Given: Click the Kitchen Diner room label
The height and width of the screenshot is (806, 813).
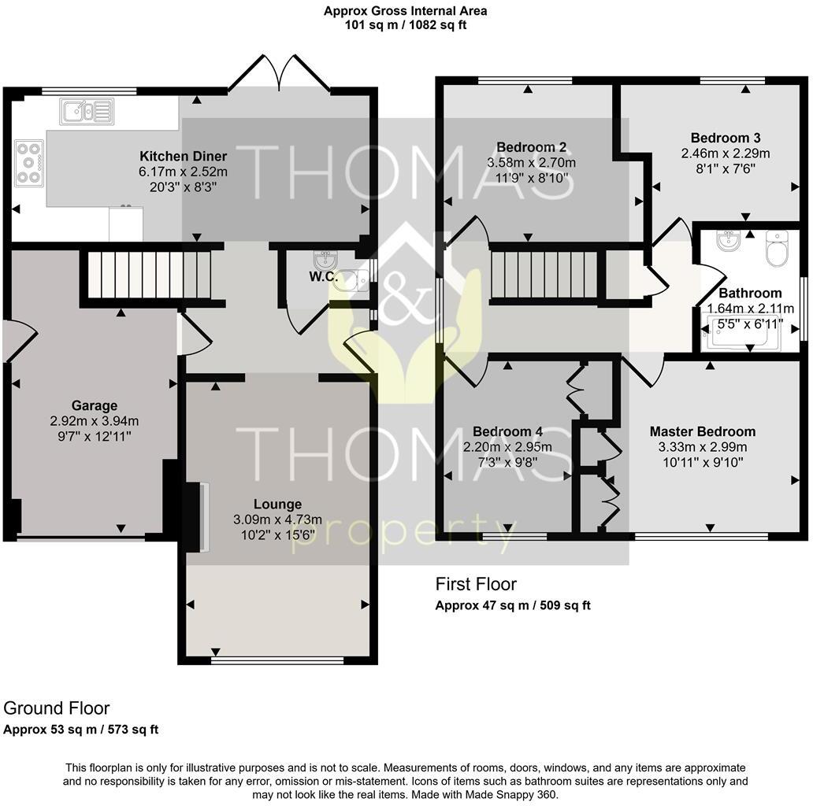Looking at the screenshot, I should (183, 156).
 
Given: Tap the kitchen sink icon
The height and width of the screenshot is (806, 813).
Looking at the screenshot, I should (88, 111).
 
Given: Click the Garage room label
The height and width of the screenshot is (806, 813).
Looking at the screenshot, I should (94, 406).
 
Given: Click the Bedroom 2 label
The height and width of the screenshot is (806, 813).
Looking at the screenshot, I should (532, 147).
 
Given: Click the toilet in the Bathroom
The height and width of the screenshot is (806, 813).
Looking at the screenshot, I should (777, 246).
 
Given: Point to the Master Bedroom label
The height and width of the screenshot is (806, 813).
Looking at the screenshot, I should (702, 431).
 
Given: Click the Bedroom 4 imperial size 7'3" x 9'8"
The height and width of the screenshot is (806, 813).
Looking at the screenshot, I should (507, 463).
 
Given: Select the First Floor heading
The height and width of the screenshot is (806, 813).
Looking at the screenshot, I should (476, 584).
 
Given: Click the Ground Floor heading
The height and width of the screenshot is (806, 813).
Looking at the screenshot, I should (57, 708).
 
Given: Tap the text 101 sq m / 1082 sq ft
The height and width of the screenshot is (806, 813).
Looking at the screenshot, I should (406, 25).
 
